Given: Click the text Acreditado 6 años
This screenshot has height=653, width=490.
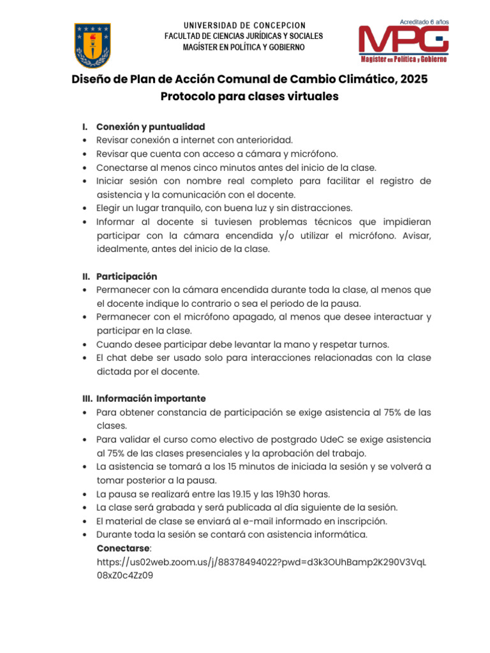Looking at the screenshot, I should pos(424,22).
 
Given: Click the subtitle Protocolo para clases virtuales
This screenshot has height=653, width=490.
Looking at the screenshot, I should pos(249,96).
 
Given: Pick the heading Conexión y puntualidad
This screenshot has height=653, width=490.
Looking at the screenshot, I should pos(151,127).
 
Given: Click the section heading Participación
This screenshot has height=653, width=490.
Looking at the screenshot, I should pos(126,277).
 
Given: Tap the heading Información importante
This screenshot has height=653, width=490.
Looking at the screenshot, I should pos(151,399).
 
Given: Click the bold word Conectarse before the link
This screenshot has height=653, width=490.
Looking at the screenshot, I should pos(124,548).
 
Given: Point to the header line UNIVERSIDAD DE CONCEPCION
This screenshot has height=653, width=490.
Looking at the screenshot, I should pos(244,25).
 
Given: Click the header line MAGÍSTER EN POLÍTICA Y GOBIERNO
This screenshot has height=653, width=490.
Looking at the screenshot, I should pos(244,47).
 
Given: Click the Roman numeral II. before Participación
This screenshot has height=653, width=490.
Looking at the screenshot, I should pos(87,277).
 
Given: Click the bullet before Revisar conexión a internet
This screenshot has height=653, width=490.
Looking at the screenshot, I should pos(85,140).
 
